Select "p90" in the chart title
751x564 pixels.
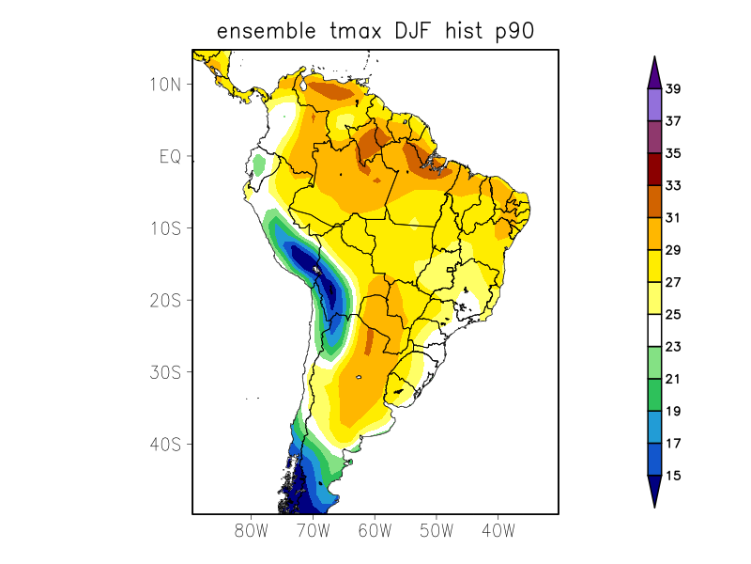tap(515, 31)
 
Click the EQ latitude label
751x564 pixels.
tap(170, 156)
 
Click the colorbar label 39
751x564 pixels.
tap(673, 89)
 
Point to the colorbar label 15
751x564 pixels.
tap(673, 476)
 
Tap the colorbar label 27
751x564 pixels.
tap(673, 282)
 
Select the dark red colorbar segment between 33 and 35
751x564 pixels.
tap(654, 169)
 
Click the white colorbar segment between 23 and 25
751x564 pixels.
tap(654, 330)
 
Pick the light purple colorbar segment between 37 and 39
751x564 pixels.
tap(654, 104)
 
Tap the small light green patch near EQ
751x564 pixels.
tap(259, 164)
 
